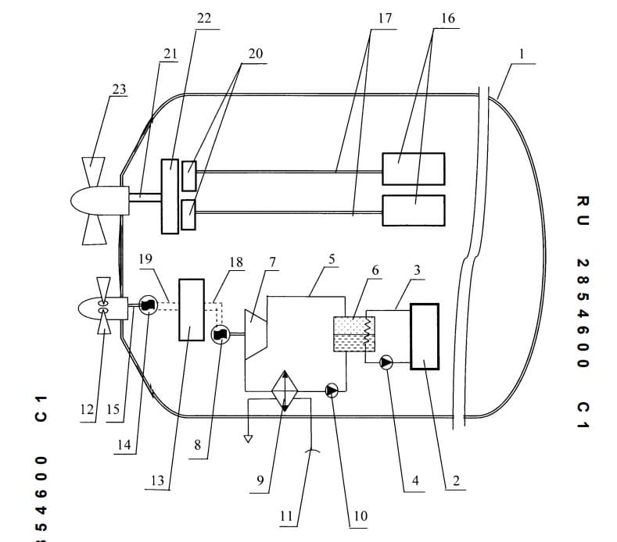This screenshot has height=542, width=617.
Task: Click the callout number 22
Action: tap(204, 18)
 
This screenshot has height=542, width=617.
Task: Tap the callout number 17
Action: tap(385, 18)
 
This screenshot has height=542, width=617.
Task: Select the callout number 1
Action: tap(522, 54)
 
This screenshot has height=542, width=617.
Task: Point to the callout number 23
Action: tap(119, 89)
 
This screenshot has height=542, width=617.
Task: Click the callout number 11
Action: tap(286, 516)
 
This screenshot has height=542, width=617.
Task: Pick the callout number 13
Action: tap(157, 480)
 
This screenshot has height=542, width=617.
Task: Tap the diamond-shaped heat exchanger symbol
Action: tap(285, 390)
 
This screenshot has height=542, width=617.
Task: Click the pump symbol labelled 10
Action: tap(332, 390)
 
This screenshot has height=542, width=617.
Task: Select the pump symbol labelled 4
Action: tap(386, 363)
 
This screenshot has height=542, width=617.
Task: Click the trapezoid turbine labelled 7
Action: tap(256, 334)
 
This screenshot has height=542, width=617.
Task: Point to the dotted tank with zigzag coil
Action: tap(354, 334)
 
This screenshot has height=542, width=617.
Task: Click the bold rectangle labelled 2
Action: tap(425, 337)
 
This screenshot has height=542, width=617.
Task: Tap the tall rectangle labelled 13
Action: tap(192, 310)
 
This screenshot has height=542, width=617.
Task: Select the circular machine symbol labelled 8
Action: tap(221, 334)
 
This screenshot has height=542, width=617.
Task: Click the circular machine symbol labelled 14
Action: tap(149, 305)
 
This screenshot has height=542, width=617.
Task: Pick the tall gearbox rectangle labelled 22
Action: tap(170, 197)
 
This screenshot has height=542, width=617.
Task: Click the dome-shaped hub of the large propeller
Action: tap(99, 201)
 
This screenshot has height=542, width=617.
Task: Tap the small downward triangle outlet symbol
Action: tap(248, 439)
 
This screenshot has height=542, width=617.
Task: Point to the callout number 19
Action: tap(145, 259)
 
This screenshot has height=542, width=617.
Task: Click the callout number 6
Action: tap(375, 270)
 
